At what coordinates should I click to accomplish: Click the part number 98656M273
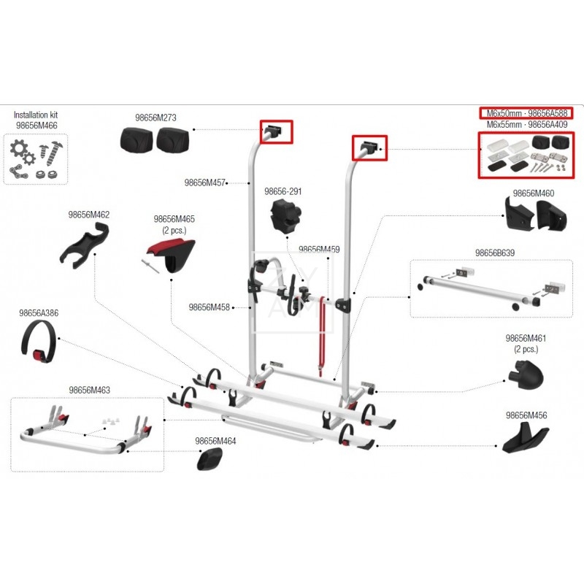155,117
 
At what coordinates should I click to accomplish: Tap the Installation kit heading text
36,115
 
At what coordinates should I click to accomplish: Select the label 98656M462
89,215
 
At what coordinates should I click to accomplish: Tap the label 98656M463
90,391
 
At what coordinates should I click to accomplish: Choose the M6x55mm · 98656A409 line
526,125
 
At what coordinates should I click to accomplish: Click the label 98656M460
534,193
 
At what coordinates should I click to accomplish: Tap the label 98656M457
205,182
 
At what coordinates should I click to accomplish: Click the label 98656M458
209,307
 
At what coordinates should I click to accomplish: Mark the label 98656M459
319,249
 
